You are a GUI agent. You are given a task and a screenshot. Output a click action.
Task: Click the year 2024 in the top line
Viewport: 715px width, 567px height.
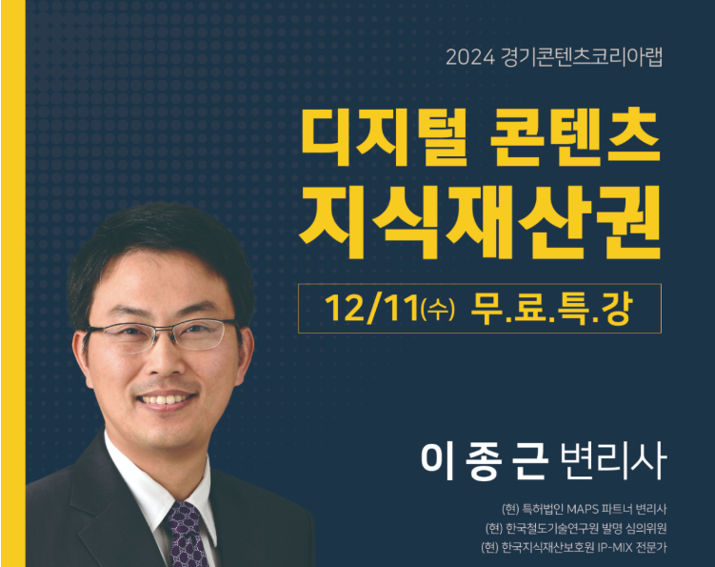pyautogui.click(x=470, y=57)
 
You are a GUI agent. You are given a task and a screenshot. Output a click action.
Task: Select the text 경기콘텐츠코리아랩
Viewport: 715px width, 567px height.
pyautogui.click(x=582, y=57)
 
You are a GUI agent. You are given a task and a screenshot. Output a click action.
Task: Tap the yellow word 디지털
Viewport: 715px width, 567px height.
pyautogui.click(x=385, y=137)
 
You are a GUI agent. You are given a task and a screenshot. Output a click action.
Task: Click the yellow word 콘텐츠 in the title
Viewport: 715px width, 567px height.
pyautogui.click(x=575, y=137)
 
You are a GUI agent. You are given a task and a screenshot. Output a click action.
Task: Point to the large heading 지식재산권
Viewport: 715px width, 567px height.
pyautogui.click(x=480, y=221)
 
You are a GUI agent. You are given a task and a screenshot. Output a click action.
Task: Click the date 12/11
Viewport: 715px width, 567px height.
pyautogui.click(x=371, y=309)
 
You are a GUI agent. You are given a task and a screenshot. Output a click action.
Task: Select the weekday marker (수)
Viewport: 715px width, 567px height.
pyautogui.click(x=438, y=310)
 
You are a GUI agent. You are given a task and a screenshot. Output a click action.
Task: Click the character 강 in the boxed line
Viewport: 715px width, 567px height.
pyautogui.click(x=617, y=309)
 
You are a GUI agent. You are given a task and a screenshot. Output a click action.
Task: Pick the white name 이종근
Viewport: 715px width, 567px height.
pyautogui.click(x=485, y=460)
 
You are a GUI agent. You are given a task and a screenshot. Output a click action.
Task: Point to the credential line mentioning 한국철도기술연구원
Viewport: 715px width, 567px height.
pyautogui.click(x=576, y=529)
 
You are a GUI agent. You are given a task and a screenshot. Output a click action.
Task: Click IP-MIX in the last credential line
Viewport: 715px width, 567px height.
pyautogui.click(x=615, y=547)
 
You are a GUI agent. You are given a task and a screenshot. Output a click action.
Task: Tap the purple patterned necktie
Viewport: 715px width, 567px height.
pyautogui.click(x=186, y=535)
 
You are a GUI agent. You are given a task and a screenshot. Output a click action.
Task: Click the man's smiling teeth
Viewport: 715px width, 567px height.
pyautogui.click(x=164, y=400)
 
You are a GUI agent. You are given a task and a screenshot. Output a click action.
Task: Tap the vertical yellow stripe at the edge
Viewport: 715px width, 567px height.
pyautogui.click(x=13, y=284)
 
